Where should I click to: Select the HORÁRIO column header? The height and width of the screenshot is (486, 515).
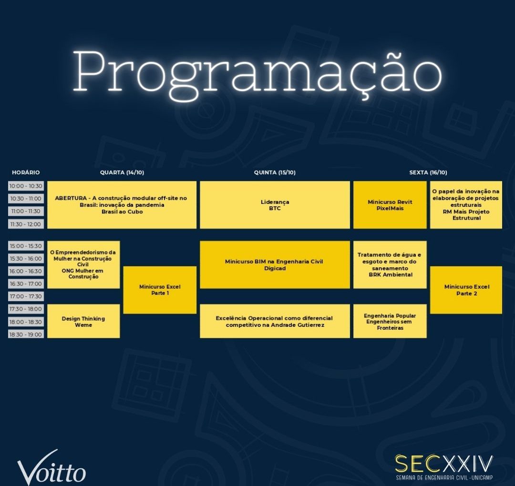coord(26,172)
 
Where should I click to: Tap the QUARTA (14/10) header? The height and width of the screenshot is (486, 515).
coord(122,172)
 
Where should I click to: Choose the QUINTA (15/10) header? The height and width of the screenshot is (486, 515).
coord(275,172)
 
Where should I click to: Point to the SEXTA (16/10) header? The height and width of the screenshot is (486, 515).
coord(428,172)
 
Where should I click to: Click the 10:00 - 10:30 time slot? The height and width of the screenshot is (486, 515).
coord(26,186)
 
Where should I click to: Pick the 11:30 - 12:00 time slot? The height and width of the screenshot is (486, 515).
coord(26,224)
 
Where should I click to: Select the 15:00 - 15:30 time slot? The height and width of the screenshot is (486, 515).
coord(26,246)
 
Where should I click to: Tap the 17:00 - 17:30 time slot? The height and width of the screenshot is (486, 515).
coord(26,296)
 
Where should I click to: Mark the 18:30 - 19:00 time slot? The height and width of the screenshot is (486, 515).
coord(26,334)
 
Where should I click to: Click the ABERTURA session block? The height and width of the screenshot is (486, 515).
coord(122,205)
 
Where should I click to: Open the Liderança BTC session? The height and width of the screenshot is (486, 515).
coord(275,205)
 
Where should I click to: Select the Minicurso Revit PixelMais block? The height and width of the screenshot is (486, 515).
coord(390,205)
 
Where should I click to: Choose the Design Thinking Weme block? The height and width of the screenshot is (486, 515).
coord(83,321)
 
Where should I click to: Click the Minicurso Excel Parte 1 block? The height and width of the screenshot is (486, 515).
coord(160,290)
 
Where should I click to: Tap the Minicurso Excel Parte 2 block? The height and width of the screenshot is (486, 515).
coord(466,290)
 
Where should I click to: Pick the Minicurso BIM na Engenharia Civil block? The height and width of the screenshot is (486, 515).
coord(275,265)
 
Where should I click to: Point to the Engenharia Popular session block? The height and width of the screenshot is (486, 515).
coord(390,321)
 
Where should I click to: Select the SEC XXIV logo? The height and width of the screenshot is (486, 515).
coord(444,467)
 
